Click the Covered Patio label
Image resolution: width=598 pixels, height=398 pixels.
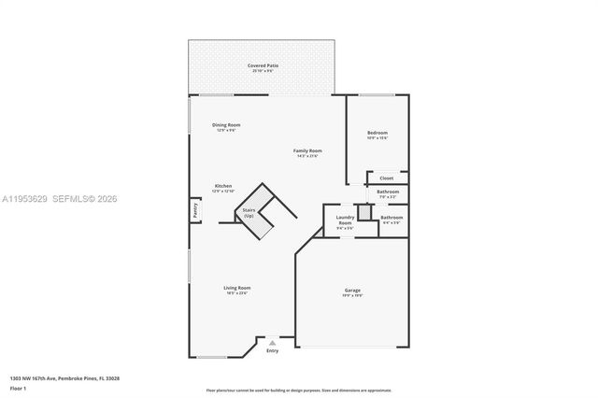coord(263,65)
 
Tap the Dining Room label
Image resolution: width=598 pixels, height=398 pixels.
coord(226,124)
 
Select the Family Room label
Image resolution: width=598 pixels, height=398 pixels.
coord(307,150)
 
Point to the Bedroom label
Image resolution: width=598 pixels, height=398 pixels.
coord(377,133)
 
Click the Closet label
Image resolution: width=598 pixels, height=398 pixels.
coord(386,178)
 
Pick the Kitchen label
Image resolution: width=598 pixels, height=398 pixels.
coord(223,186)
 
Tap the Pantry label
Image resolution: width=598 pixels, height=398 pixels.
coord(195,211)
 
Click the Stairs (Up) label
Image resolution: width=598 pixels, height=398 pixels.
coord(249,213)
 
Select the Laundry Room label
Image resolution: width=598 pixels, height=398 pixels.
coord(345,220)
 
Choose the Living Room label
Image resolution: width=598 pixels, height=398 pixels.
coord(236,288)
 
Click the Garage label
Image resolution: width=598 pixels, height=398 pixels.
coord(352,290)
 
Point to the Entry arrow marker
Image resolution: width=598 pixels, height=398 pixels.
coord(272,343)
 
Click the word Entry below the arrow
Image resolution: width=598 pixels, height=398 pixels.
coord(272,351)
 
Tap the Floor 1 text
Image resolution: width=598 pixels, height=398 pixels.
coord(18,387)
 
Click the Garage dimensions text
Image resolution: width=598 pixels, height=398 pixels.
coord(352,295)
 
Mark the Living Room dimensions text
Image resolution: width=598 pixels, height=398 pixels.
coord(236,293)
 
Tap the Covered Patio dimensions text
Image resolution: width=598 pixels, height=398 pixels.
coord(263,71)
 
